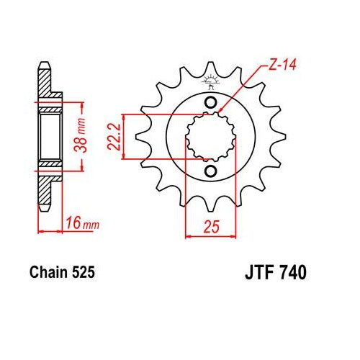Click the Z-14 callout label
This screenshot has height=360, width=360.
click(282, 65)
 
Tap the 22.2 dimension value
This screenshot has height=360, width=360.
click(114, 137)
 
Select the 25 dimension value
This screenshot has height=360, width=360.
click(212, 226)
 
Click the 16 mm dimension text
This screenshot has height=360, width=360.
click(83, 222)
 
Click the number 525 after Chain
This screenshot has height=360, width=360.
click(83, 272)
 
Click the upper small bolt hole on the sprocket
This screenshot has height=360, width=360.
click(211, 102)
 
